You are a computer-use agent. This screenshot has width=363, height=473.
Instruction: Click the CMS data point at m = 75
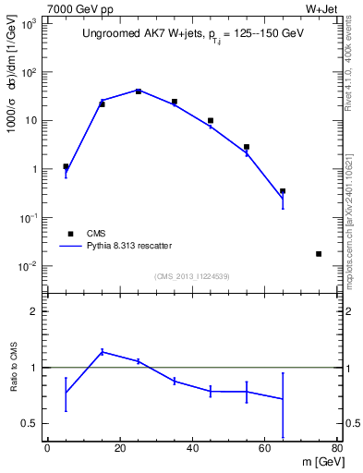(319, 254)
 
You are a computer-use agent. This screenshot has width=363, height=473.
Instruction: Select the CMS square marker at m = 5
(66, 167)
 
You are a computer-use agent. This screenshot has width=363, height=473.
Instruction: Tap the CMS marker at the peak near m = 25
(139, 91)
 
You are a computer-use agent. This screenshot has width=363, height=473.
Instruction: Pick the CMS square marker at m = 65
(283, 191)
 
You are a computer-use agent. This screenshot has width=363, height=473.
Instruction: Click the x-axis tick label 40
(192, 449)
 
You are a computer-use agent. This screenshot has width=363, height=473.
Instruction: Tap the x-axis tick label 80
(337, 449)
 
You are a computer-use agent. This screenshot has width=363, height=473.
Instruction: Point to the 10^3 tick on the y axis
(30, 25)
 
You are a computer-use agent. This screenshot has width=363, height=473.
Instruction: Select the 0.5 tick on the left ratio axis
(30, 424)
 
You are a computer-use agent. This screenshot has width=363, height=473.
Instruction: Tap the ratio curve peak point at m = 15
(102, 351)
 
